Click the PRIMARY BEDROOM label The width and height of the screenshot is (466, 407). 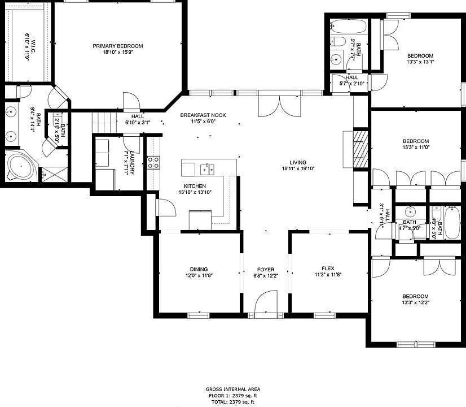[118, 46]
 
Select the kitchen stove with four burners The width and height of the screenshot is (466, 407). [153, 163]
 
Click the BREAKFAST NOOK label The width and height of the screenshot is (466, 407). [203, 115]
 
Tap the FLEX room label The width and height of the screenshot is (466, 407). [328, 269]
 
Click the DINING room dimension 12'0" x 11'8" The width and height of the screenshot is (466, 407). [199, 276]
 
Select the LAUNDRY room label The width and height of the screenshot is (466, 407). [131, 163]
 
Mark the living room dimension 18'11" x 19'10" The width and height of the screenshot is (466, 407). [301, 168]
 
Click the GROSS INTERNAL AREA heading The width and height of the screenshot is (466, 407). [233, 389]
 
